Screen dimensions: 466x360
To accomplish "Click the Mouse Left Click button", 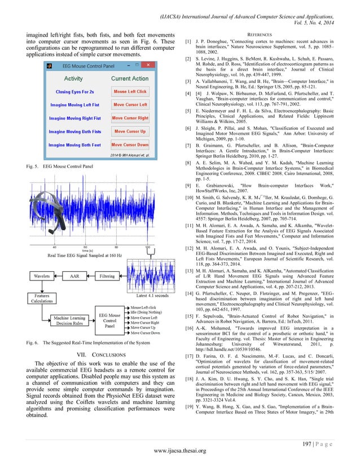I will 130,91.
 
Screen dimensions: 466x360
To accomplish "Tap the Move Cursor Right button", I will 130,118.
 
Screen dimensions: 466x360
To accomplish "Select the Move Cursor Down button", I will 130,145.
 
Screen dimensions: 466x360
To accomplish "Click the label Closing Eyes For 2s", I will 73,91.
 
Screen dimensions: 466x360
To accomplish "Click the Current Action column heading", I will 130,78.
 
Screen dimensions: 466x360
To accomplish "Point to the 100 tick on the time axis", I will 148,247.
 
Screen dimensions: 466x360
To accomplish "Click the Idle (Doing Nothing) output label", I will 148,311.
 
